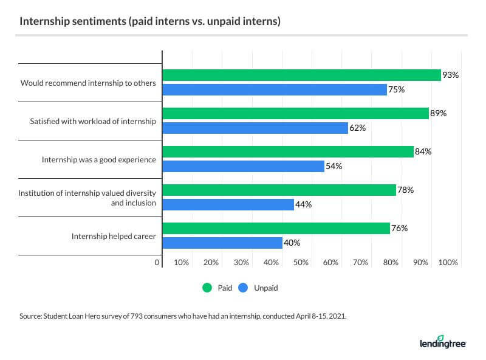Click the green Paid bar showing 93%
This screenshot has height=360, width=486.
[x=301, y=75]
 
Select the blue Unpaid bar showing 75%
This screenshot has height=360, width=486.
[x=275, y=89]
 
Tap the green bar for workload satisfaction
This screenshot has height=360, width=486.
[x=295, y=113]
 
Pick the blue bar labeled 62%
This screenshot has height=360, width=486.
[x=255, y=128]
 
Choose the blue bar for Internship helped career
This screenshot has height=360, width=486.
[x=222, y=243]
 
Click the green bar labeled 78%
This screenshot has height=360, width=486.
[x=279, y=190]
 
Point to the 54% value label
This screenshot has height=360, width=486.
[x=334, y=167]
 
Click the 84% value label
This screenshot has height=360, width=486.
[x=423, y=151]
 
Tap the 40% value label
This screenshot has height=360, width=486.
[x=292, y=243]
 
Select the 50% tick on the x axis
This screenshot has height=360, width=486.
[x=301, y=263]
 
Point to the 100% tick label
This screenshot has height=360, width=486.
[x=448, y=263]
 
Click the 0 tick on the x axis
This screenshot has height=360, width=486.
[x=157, y=263]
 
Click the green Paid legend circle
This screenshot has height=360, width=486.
[x=207, y=288]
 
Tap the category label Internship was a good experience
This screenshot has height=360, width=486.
[x=99, y=159]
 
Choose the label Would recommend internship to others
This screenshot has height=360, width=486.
[x=89, y=83]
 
